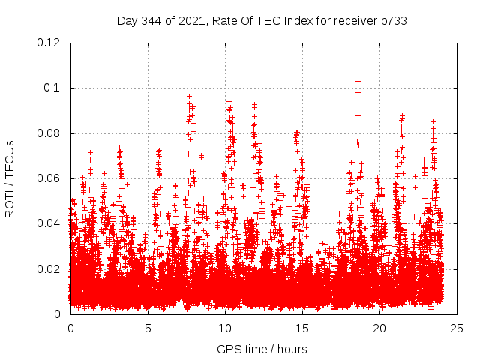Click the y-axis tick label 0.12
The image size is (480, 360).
[50, 43]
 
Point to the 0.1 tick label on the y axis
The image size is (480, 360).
[53, 88]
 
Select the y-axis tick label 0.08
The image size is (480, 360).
[50, 133]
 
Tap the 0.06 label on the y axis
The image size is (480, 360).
[50, 178]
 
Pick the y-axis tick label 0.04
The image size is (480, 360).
[50, 223]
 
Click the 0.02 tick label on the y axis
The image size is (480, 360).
[50, 268]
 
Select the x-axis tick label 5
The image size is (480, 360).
[148, 328]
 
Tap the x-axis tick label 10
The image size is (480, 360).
[225, 328]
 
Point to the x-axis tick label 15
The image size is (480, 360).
[302, 328]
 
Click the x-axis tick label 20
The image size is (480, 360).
[379, 328]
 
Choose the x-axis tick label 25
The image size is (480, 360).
[457, 328]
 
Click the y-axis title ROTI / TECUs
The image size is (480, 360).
[10, 178]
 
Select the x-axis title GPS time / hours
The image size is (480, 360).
[262, 349]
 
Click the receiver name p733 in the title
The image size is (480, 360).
[393, 20]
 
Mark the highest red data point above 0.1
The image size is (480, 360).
[358, 80]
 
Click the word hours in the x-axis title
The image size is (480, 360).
[291, 349]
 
